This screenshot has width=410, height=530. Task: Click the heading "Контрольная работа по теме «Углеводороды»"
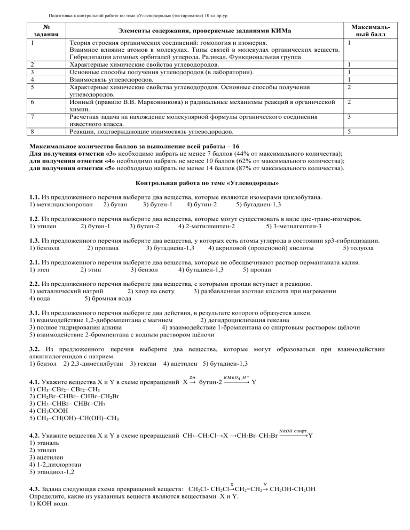click(204, 183)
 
